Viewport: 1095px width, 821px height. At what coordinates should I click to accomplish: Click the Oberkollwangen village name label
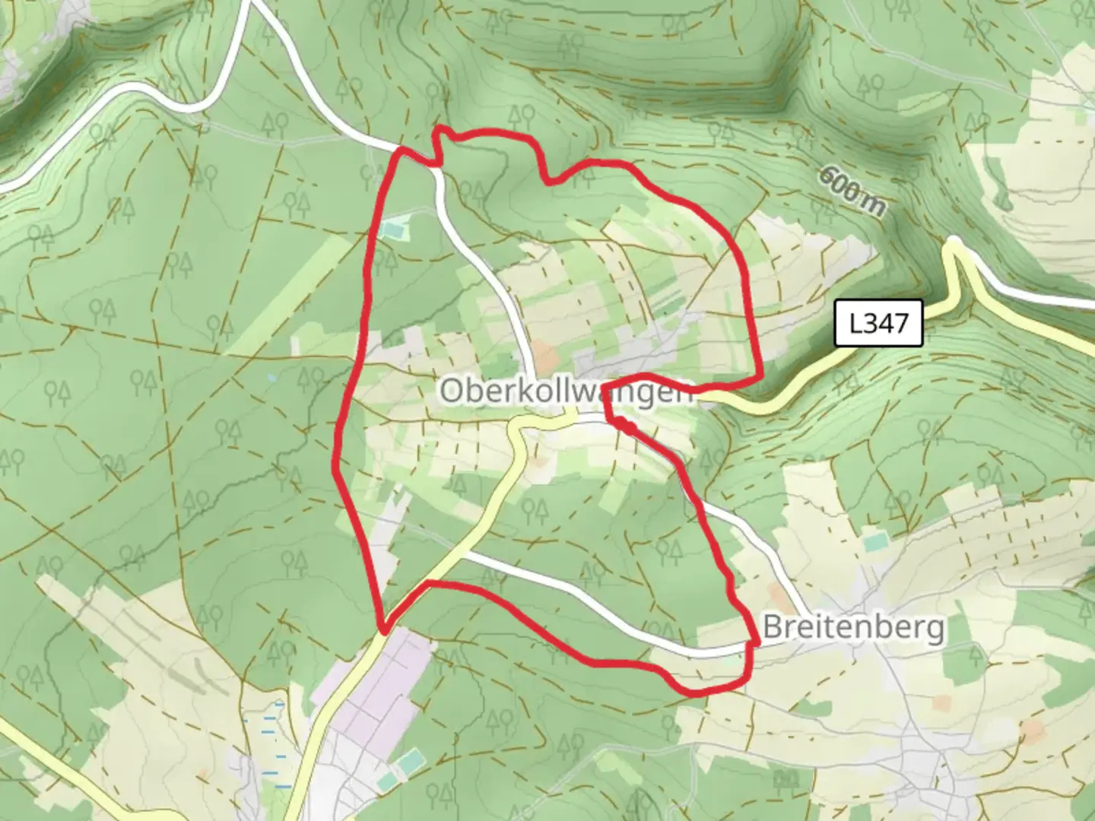pyautogui.click(x=567, y=391)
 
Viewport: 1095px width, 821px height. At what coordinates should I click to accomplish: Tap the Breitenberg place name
pyautogui.click(x=853, y=628)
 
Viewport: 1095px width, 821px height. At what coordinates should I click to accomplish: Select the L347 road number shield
pyautogui.click(x=878, y=324)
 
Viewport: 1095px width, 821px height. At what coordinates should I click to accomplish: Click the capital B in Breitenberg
pyautogui.click(x=771, y=628)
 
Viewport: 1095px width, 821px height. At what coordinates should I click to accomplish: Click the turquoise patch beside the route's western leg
pyautogui.click(x=394, y=227)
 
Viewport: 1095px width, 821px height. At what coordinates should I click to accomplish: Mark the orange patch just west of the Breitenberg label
pyautogui.click(x=777, y=594)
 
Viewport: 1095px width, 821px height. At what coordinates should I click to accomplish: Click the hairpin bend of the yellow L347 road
pyautogui.click(x=954, y=245)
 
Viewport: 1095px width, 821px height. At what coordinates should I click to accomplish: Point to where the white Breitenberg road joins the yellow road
pyautogui.click(x=462, y=553)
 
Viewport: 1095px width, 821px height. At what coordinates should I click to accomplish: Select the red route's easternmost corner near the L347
pyautogui.click(x=760, y=376)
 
